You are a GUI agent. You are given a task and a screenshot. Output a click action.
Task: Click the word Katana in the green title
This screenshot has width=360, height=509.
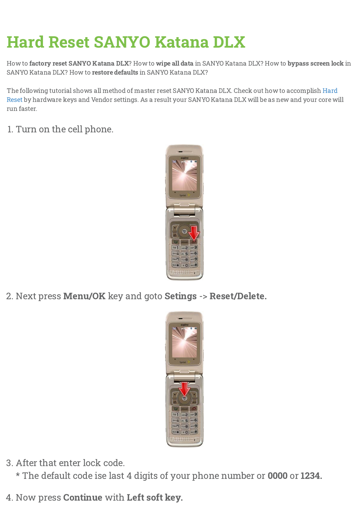(181, 42)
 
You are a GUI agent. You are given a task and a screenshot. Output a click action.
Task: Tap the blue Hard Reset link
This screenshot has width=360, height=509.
(330, 91)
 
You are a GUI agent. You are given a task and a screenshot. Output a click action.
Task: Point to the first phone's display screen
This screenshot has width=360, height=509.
(184, 175)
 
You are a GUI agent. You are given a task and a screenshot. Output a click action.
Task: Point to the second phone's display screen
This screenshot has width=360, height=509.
(184, 342)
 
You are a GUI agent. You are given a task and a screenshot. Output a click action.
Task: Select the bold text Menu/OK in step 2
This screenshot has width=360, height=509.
(84, 296)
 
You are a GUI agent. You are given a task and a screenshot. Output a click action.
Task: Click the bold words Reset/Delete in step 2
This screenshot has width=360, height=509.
(238, 296)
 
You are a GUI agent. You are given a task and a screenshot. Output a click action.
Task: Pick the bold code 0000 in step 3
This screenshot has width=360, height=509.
(277, 476)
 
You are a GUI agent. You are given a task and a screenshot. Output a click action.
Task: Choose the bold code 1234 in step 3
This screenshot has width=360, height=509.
(311, 476)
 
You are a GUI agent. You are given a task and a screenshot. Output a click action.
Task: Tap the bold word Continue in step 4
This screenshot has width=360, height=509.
(83, 497)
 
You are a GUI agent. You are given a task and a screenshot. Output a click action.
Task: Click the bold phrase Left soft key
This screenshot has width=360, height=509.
(154, 497)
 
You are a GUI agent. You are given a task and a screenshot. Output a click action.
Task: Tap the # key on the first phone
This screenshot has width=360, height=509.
(194, 265)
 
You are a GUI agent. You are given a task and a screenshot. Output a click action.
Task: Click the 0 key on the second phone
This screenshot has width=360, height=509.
(185, 432)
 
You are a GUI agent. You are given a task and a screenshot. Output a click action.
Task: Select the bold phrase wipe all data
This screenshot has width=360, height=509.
(174, 64)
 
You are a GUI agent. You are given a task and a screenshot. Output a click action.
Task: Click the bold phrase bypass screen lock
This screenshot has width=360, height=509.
(315, 64)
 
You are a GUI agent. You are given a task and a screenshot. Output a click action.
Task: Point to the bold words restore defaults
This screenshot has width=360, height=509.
(115, 73)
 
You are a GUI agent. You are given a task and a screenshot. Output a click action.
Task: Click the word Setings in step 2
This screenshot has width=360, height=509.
(181, 296)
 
